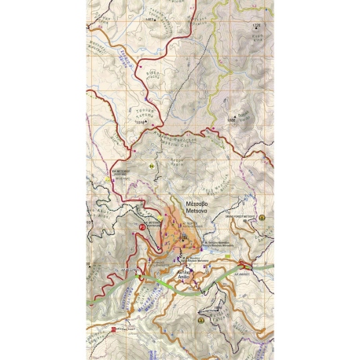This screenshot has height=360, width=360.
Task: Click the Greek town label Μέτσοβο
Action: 194,202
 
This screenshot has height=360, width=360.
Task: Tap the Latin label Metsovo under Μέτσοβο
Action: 194,211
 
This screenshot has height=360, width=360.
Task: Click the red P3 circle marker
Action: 142,226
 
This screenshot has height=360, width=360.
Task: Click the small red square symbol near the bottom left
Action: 114,329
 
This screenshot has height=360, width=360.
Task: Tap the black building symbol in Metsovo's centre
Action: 185,236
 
